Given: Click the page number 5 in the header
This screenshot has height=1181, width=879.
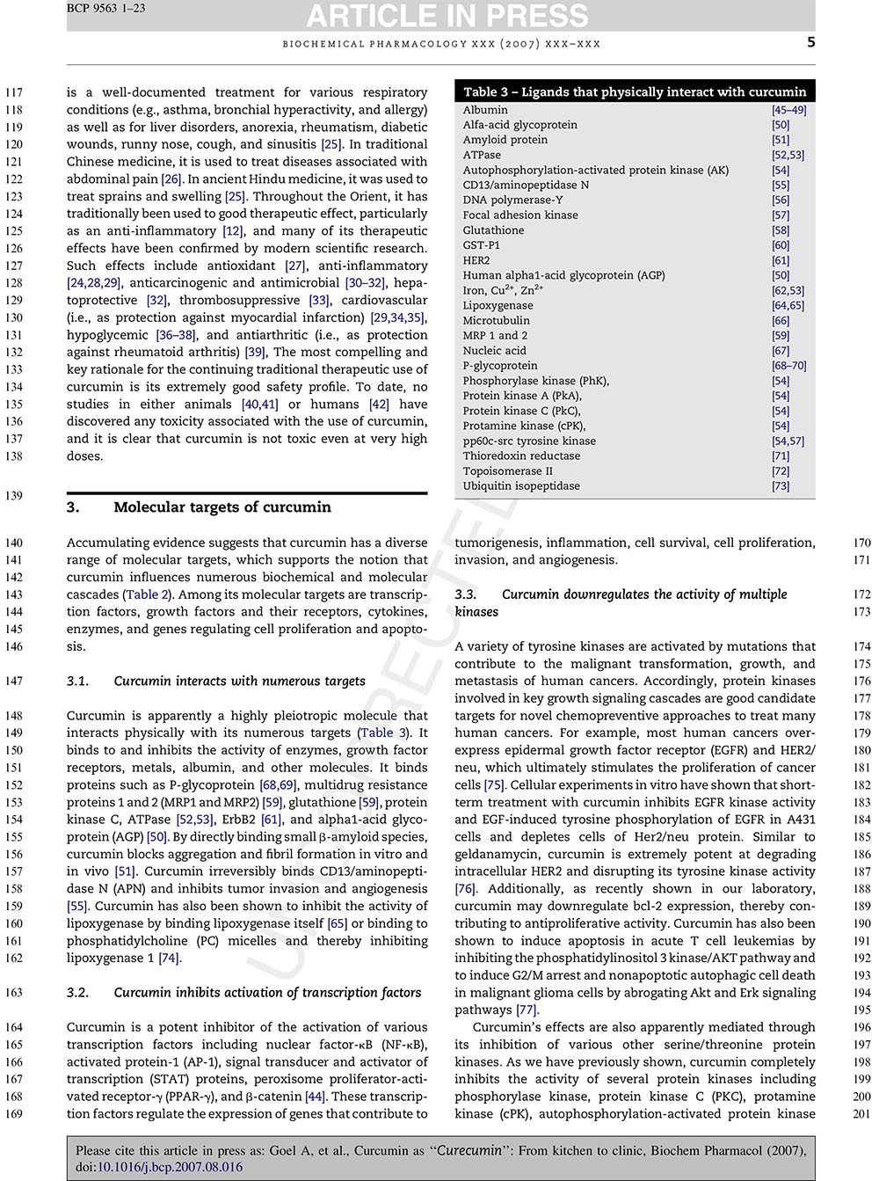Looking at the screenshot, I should tap(810, 42).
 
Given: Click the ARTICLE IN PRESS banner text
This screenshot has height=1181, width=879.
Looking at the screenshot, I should tap(447, 15).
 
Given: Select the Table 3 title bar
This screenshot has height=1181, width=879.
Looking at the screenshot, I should tap(634, 91).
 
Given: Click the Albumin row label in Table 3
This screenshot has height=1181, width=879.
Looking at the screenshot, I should tap(485, 110).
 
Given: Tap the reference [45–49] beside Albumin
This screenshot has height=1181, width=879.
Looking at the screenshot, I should tap(788, 110).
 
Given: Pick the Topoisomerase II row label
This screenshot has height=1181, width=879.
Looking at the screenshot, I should tap(508, 470).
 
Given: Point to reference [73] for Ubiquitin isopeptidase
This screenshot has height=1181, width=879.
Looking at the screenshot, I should tap(781, 485).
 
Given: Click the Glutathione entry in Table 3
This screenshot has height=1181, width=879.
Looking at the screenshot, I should tap(493, 230).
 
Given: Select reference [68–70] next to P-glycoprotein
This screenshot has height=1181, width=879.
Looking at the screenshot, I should tap(788, 366).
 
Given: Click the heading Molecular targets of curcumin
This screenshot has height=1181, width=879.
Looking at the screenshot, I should tap(222, 507).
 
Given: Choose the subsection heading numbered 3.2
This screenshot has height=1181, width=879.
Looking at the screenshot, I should tap(244, 992).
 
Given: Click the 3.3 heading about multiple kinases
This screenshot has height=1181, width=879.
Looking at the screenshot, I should tap(621, 602).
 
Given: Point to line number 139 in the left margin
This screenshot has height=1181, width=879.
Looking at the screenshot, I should tap(13, 496).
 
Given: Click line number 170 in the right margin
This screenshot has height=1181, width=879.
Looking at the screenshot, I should tap(861, 543).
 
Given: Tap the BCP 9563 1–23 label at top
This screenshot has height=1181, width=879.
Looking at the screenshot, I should tap(105, 8).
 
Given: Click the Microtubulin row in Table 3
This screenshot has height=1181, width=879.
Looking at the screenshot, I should tap(497, 321).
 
